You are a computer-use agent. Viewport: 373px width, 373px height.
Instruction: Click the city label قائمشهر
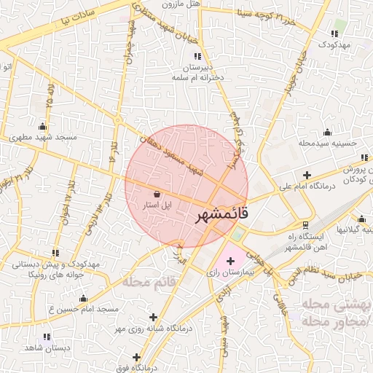[x=223, y=216]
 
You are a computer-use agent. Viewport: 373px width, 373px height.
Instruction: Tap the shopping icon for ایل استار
[x=158, y=194]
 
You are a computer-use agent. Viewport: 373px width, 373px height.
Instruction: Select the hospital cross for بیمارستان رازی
[x=231, y=260]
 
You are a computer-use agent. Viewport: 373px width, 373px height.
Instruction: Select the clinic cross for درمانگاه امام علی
[x=307, y=176]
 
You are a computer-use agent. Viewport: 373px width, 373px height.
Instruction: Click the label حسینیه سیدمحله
[x=327, y=144]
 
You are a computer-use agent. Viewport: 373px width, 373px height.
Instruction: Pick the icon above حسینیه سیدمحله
[x=327, y=132]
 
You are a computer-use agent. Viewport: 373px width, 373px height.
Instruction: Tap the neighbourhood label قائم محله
[x=152, y=281]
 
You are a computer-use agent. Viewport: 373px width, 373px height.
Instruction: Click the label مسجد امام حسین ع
[x=83, y=309]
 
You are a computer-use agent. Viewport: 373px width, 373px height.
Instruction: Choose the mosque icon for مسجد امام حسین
[x=83, y=298]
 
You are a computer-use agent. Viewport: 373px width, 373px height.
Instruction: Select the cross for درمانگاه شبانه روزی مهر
[x=153, y=317]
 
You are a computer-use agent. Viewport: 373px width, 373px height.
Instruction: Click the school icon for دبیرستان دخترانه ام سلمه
[x=197, y=55]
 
